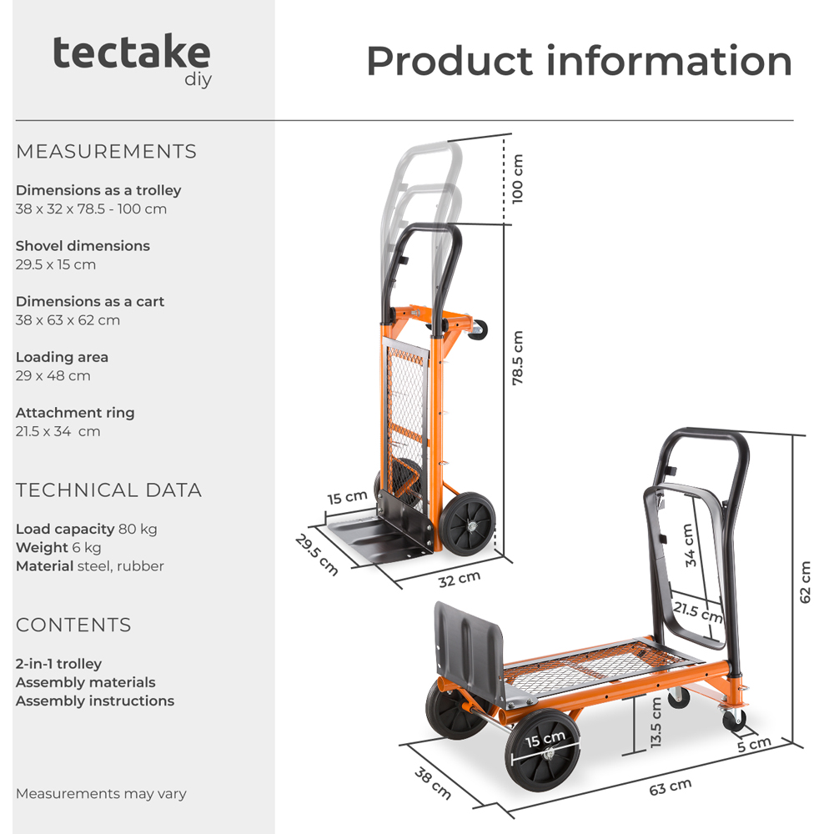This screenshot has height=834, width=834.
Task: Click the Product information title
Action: (579, 61)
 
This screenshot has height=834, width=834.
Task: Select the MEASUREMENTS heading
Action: (106, 152)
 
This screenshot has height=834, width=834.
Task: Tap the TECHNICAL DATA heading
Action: (108, 490)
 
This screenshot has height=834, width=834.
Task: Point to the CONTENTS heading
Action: (73, 625)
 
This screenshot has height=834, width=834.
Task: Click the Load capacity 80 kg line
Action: (86, 530)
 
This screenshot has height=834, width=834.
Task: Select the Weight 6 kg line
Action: (58, 548)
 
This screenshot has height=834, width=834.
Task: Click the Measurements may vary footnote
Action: (101, 794)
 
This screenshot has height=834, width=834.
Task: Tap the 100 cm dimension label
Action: (518, 178)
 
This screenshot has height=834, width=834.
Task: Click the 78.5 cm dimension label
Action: (518, 358)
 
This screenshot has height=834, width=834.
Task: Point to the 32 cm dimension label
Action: (460, 577)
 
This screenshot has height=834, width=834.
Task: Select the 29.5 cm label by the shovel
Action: (318, 554)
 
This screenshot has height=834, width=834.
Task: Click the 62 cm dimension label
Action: (805, 582)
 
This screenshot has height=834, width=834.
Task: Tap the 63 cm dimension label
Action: (670, 786)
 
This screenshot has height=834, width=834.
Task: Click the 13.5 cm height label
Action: (656, 722)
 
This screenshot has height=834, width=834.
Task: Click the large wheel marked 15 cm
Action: (544, 750)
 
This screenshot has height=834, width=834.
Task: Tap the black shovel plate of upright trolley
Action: (375, 542)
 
